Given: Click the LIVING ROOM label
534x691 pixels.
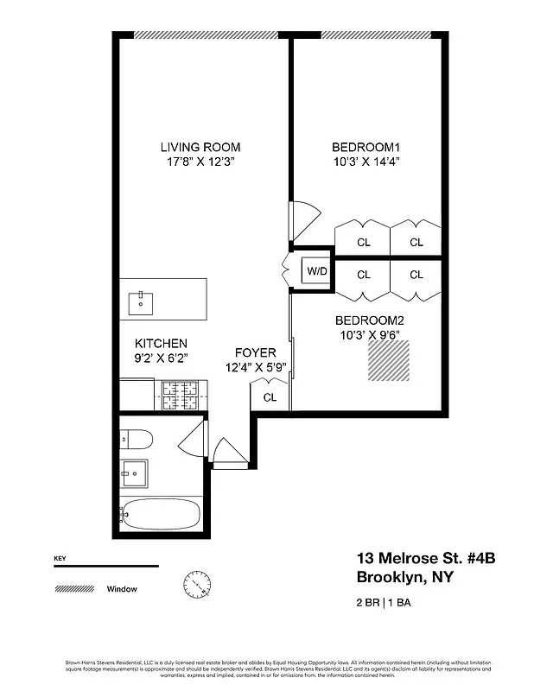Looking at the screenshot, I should coord(200,147).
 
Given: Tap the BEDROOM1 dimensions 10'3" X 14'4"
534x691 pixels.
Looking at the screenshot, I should coord(366,162).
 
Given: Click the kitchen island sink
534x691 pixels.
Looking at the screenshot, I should coord(141,302).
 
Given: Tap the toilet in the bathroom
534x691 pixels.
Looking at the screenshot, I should coord(136,440).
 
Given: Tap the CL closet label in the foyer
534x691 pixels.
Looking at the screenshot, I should coord(270,397).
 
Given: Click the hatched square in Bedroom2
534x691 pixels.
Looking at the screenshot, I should coord(389,360).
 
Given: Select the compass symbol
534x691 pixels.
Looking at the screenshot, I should coord(197,586).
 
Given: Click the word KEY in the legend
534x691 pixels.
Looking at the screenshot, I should coord(60,558).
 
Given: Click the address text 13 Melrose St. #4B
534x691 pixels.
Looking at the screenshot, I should coord(425,559).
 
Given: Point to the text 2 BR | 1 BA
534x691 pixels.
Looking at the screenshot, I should coord(383,603).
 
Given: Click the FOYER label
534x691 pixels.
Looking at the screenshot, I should coord(255,352).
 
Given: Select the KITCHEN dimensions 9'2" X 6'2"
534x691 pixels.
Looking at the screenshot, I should coord(161,357).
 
